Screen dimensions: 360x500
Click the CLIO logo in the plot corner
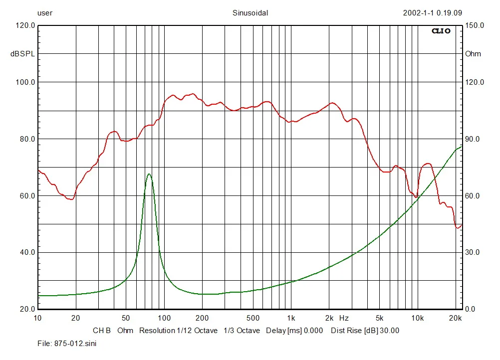pos(441,31)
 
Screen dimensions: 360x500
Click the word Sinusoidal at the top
pos(250,13)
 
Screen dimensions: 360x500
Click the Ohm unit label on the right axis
pos(473,54)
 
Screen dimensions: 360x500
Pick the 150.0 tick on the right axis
pos(475,25)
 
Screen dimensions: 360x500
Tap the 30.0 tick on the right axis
pos(473,253)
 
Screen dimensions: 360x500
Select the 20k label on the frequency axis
pos(455,318)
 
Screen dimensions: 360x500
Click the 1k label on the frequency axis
pos(291,318)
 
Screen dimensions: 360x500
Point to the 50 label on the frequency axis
pos(126,318)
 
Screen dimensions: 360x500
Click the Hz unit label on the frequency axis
pos(344,318)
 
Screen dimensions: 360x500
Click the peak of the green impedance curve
pos(149,174)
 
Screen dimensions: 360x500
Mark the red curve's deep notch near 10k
pos(416,197)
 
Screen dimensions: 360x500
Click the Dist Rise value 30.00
pos(389,331)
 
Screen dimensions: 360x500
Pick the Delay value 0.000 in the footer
pos(313,331)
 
